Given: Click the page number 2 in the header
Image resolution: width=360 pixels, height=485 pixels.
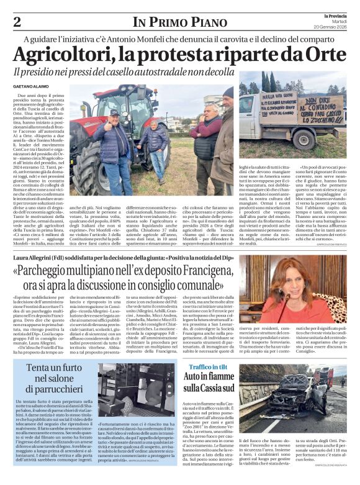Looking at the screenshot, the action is click(x=17, y=22).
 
